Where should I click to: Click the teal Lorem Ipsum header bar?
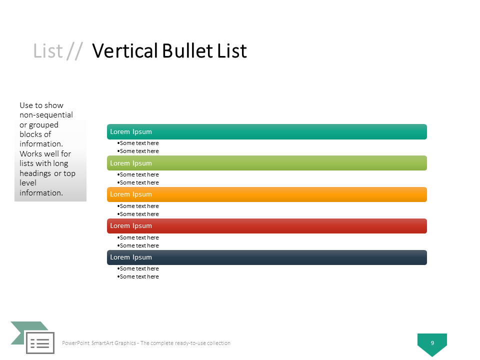tap(266, 131)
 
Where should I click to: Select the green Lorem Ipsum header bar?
tap(266, 163)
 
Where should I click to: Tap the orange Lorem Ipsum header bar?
tap(266, 194)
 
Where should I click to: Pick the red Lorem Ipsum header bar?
tap(266, 226)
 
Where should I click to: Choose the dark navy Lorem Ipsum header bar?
tap(266, 257)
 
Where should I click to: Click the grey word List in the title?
tap(48, 51)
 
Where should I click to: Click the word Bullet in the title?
tap(187, 51)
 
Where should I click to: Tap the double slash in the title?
tap(74, 51)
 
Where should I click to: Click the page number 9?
tap(432, 343)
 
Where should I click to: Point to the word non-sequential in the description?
tap(46, 115)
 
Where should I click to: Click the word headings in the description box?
tap(35, 173)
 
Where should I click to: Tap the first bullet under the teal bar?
tap(138, 143)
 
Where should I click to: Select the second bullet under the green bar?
tap(138, 182)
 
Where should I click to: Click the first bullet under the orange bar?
tap(138, 206)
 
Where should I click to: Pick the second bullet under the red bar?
tap(138, 245)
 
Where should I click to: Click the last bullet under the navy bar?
tap(138, 276)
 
